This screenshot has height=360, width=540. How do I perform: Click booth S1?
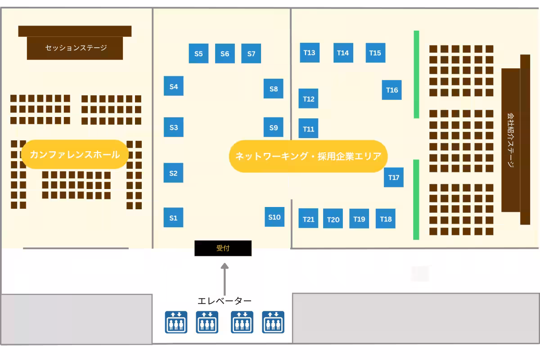tap(173, 217)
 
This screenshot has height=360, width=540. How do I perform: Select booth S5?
tap(198, 53)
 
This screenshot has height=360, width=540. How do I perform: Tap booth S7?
tap(251, 53)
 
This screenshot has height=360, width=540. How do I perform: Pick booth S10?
tap(274, 217)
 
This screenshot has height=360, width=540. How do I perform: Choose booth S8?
tap(274, 89)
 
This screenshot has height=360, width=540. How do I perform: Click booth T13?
tap(310, 53)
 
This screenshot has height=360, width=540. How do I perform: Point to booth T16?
tap(392, 90)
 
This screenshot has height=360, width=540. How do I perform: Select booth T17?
tap(394, 177)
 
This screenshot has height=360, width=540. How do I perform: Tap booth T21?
tap(308, 218)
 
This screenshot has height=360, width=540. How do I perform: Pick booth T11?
tap(308, 128)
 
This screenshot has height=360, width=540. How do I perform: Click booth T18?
tap(386, 218)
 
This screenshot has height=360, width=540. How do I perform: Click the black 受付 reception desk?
tap(223, 248)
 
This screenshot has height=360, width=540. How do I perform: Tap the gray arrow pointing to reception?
tap(225, 279)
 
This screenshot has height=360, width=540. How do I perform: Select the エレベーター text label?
tap(225, 301)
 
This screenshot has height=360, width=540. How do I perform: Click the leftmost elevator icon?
tap(176, 322)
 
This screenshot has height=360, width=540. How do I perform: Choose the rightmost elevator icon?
tap(273, 322)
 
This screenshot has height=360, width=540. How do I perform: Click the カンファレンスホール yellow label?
tap(75, 154)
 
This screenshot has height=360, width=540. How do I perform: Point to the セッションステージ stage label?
tap(76, 48)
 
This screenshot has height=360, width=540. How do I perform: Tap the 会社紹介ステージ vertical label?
tap(510, 140)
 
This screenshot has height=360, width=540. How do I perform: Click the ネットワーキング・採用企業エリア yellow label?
tap(308, 156)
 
